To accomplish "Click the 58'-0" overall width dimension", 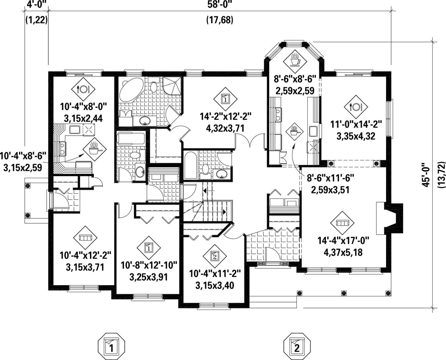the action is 219,5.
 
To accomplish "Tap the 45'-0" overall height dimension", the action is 425,175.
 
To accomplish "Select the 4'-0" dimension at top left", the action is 36,5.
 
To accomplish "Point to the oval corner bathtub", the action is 132,90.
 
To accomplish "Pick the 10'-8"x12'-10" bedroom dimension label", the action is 149,265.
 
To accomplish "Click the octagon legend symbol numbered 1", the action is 112,346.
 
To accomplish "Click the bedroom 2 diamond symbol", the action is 215,256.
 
